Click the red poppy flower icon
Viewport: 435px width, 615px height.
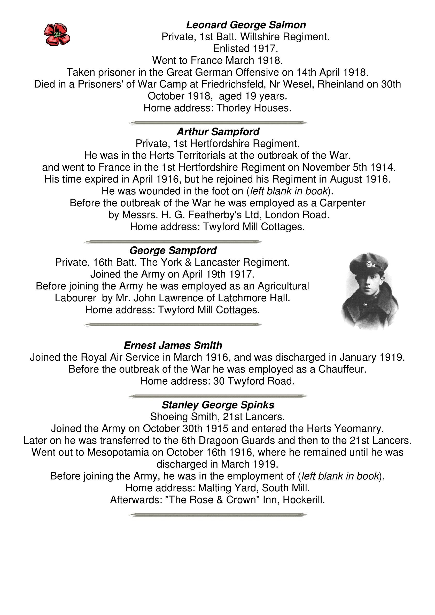[x=57, y=35]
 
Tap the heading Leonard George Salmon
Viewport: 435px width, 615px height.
[x=246, y=25]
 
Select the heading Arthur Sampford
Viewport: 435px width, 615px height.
[x=218, y=132]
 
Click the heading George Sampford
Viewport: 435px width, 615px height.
[x=173, y=250]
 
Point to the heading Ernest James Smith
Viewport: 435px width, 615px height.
[x=173, y=345]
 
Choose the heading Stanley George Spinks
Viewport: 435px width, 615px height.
[x=218, y=405]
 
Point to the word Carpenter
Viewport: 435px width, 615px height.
[x=342, y=203]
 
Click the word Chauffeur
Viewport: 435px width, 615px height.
[x=342, y=369]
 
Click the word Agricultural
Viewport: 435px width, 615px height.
[x=283, y=286]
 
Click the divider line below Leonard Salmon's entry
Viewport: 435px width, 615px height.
[x=218, y=123]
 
